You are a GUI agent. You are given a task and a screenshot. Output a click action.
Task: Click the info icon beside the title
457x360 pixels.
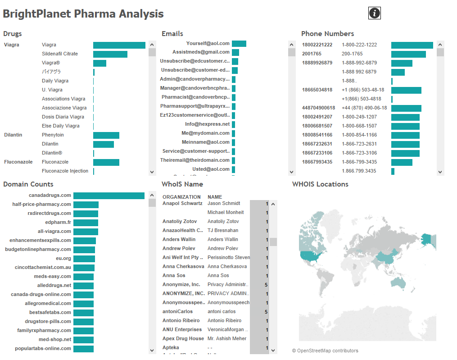pyautogui.click(x=375, y=14)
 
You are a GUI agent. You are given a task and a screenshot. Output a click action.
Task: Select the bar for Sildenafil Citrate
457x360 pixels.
pyautogui.click(x=110, y=54)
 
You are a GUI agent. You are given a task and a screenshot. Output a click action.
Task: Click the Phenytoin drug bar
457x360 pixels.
pyautogui.click(x=106, y=135)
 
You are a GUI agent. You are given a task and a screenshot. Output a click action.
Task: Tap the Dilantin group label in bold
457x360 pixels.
pyautogui.click(x=13, y=135)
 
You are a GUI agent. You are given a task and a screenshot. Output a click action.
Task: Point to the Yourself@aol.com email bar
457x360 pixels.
pyautogui.click(x=239, y=44)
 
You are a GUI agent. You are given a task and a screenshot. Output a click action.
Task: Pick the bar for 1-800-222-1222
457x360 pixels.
pyautogui.click(x=412, y=45)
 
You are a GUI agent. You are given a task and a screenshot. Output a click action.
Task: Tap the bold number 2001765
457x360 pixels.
pyautogui.click(x=312, y=54)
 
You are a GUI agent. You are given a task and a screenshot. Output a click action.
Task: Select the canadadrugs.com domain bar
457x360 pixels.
pyautogui.click(x=109, y=196)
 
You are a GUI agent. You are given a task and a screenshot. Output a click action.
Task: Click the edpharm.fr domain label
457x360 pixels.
pyautogui.click(x=58, y=222)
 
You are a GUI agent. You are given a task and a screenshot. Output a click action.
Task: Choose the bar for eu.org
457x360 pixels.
pyautogui.click(x=84, y=259)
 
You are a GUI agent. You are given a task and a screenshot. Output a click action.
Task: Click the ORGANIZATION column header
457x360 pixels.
pyautogui.click(x=181, y=197)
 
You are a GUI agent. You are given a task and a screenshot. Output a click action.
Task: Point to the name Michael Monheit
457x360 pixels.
pyautogui.click(x=226, y=212)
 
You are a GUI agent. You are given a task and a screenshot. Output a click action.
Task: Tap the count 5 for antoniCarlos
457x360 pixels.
pyautogui.click(x=266, y=311)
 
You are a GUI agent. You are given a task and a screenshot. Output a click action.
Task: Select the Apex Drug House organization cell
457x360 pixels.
pyautogui.click(x=183, y=338)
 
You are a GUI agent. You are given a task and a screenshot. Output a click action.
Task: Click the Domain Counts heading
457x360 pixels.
pyautogui.click(x=28, y=184)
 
